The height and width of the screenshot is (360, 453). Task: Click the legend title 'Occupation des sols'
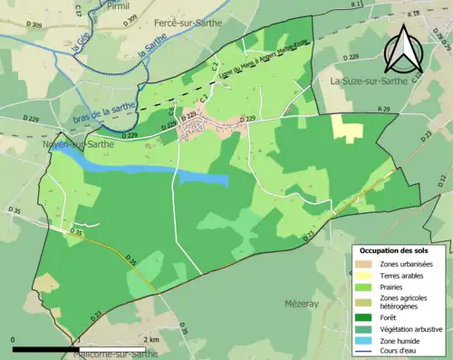(x=399, y=250)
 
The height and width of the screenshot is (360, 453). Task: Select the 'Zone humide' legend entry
(x=400, y=341)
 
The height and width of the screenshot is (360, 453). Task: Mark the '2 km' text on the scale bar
(x=152, y=339)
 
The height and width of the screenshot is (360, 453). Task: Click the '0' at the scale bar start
(x=13, y=339)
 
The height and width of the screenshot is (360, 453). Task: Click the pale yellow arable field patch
(x=344, y=127)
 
